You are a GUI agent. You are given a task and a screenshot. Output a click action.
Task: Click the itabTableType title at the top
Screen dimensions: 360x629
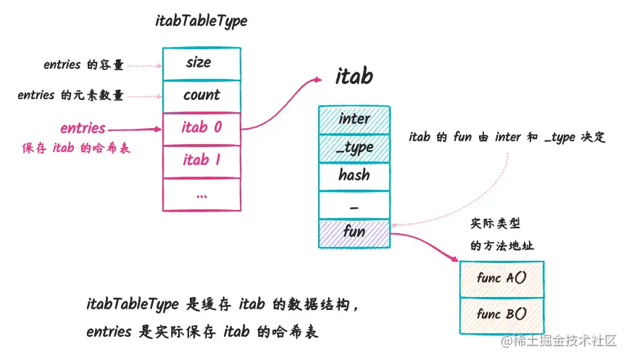point(201,21)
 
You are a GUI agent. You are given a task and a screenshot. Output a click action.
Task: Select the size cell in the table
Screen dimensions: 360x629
point(201,63)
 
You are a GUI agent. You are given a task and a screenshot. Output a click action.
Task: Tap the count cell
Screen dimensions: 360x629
point(201,96)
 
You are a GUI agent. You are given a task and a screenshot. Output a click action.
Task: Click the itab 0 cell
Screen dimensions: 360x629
point(201,128)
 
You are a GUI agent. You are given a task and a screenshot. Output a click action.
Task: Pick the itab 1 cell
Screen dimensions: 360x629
point(201,161)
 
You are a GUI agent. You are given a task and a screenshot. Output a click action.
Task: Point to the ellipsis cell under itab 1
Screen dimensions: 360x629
point(201,194)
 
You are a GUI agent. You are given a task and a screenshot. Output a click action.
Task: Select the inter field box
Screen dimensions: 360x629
point(354,119)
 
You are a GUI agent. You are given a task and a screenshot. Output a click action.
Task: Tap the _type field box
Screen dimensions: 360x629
point(354,147)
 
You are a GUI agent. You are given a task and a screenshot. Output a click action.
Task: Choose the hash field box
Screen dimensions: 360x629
point(354,175)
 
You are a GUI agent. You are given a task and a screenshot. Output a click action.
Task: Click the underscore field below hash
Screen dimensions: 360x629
point(354,205)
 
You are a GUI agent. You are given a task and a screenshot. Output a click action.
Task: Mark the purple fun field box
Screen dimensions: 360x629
point(354,233)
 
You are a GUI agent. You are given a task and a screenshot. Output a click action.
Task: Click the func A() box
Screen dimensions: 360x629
point(501,278)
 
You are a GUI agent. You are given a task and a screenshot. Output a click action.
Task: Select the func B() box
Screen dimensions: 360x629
point(501,314)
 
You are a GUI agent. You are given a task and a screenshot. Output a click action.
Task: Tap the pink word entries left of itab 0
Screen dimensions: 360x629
point(83,129)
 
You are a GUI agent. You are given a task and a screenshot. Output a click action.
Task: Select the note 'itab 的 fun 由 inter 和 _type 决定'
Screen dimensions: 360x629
point(507,137)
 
